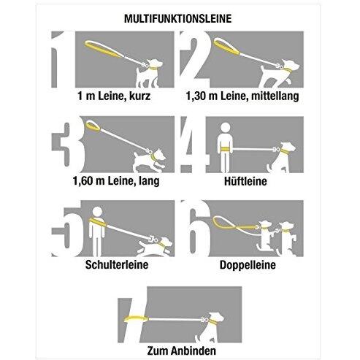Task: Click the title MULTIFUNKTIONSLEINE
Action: pyautogui.click(x=178, y=19)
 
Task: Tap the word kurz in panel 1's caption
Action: pyautogui.click(x=139, y=96)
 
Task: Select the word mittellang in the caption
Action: pyautogui.click(x=275, y=96)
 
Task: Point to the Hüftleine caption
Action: pyautogui.click(x=245, y=181)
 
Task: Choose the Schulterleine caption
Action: pyautogui.click(x=117, y=264)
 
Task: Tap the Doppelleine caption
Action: pyautogui.click(x=248, y=265)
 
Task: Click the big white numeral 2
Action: pyautogui.click(x=195, y=59)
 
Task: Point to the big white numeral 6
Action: pyautogui.click(x=195, y=229)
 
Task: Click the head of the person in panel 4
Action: pyautogui.click(x=226, y=128)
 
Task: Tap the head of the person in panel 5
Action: pyautogui.click(x=97, y=212)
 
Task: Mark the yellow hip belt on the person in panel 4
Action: pyautogui.click(x=225, y=149)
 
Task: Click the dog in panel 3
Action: pyautogui.click(x=149, y=161)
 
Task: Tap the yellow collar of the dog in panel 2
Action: pyautogui.click(x=288, y=69)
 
